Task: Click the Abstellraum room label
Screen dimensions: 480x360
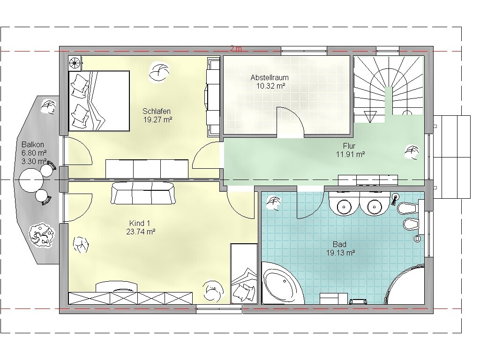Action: (x=270, y=77)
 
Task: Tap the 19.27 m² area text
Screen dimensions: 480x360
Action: (x=157, y=120)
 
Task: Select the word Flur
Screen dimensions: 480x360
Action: (x=349, y=146)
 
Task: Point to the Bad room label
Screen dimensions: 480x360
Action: (x=339, y=245)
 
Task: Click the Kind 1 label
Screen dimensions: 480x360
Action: (x=140, y=224)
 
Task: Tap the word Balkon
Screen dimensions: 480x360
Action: (x=33, y=144)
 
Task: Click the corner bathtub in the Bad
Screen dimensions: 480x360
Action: (x=283, y=283)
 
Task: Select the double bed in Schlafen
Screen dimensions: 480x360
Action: (x=99, y=101)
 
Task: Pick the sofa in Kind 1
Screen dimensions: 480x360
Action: (x=143, y=193)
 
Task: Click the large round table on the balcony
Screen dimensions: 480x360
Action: (x=31, y=180)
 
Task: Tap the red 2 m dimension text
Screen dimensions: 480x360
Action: (x=236, y=48)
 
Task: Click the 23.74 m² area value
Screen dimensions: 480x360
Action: (x=141, y=232)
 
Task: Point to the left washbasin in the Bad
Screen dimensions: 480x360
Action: (x=345, y=206)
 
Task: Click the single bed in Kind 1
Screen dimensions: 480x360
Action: (x=244, y=273)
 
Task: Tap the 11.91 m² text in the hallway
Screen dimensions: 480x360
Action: (x=351, y=154)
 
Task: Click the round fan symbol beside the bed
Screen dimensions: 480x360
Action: (x=75, y=63)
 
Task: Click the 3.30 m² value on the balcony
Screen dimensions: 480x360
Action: (x=34, y=161)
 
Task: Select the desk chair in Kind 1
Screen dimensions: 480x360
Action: (x=211, y=291)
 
